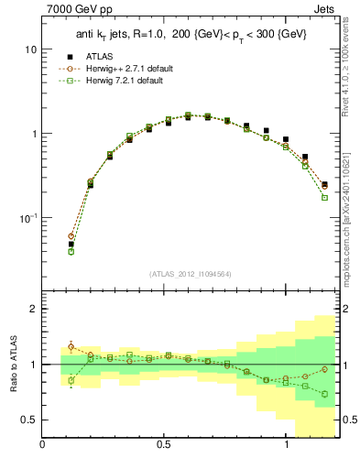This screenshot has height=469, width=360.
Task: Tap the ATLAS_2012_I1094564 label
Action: tap(191, 273)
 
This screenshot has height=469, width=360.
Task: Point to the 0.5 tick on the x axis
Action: tap(164, 446)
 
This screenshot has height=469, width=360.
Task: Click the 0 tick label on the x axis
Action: tap(43, 446)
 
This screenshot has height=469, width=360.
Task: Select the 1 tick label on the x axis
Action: tap(286, 446)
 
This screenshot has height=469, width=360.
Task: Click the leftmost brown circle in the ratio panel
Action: tap(71, 346)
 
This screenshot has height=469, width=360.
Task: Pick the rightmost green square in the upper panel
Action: tap(324, 198)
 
